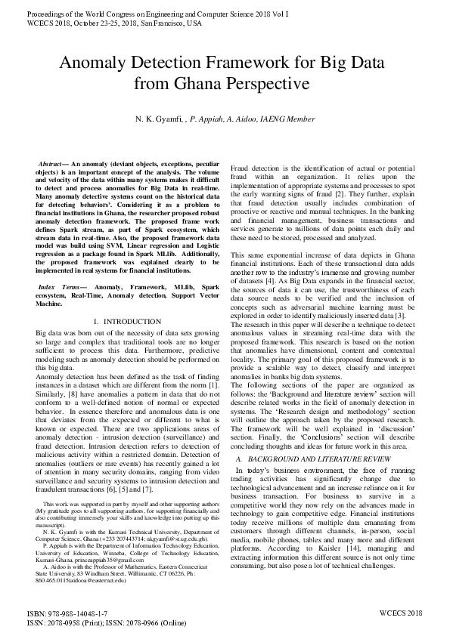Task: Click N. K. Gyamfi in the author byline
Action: [157, 119]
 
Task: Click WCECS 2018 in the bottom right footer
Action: [400, 614]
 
